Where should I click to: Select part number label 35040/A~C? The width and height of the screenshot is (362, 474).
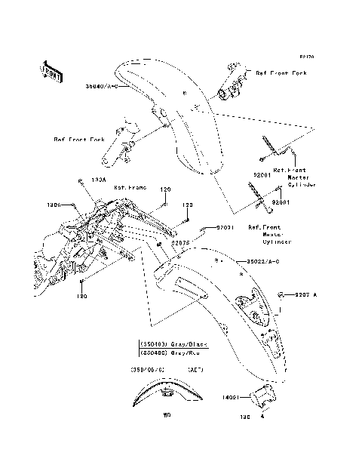(x=104, y=87)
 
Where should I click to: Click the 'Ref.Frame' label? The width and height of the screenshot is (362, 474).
(x=129, y=187)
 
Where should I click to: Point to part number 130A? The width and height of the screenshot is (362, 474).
(x=98, y=180)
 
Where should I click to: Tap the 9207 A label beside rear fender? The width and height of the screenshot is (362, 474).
(x=308, y=294)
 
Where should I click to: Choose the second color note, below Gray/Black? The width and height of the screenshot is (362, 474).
(x=173, y=351)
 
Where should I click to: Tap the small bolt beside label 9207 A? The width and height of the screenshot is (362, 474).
(x=281, y=294)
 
